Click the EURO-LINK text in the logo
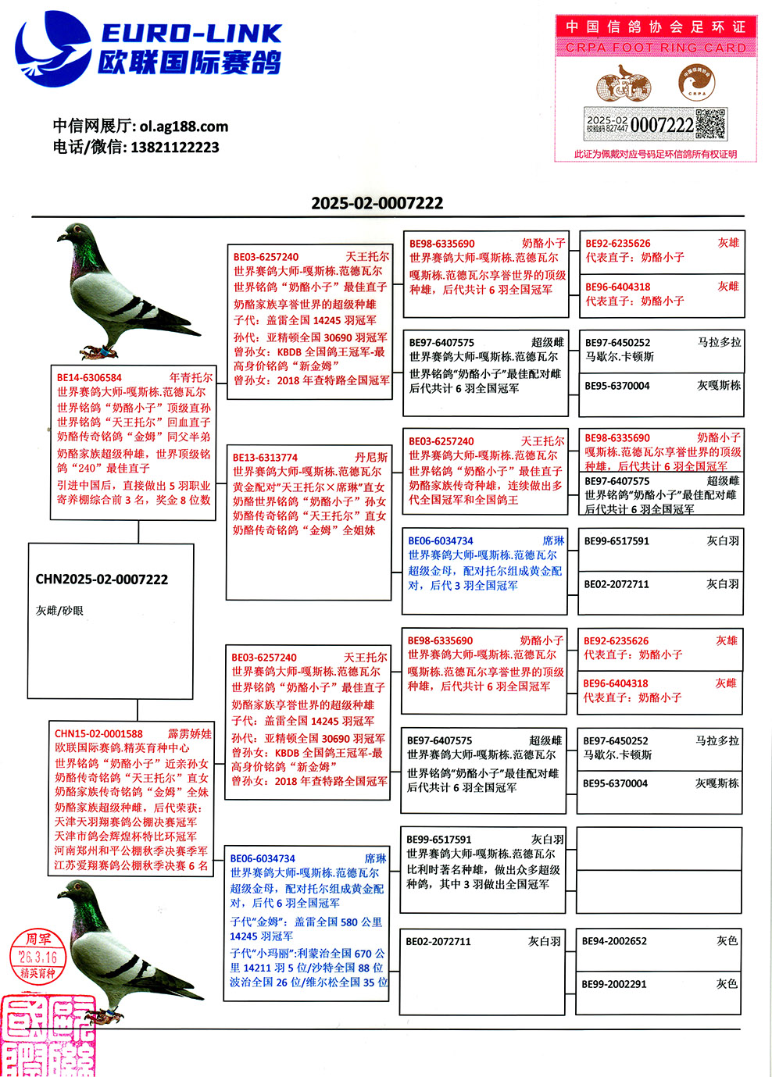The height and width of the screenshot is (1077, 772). click(x=191, y=33)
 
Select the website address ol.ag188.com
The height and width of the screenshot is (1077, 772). click(x=184, y=126)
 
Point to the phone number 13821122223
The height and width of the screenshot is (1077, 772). click(x=174, y=147)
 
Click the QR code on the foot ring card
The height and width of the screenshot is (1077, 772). click(x=710, y=124)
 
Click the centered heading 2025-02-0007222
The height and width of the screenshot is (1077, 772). click(x=377, y=203)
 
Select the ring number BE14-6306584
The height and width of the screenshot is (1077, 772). click(x=89, y=378)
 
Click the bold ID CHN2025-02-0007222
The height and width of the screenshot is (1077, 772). click(x=102, y=580)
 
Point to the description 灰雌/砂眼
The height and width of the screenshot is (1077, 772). click(x=59, y=611)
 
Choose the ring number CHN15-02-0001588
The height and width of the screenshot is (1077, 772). click(x=98, y=734)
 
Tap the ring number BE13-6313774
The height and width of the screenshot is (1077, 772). click(x=265, y=458)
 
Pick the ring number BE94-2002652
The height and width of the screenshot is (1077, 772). click(x=614, y=941)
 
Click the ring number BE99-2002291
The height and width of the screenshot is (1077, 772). click(x=614, y=984)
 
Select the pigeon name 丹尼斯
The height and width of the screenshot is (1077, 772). click(x=371, y=458)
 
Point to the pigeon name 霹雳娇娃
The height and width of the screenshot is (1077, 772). click(x=190, y=734)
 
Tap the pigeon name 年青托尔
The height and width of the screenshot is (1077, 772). click(x=191, y=378)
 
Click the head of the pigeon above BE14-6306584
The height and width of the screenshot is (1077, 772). click(x=75, y=234)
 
